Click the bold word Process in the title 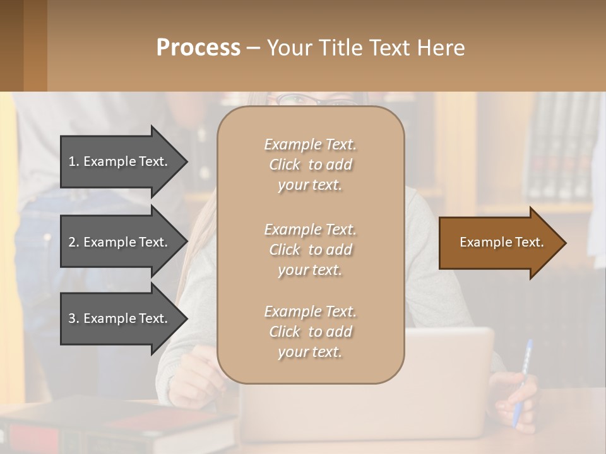tap(198, 47)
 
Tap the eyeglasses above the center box tap(309, 100)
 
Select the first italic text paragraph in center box tap(310, 165)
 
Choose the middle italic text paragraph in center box tap(310, 250)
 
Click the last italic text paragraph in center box tap(310, 332)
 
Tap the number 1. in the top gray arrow tap(74, 161)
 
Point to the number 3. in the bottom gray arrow tap(74, 318)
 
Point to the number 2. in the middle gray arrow tap(74, 242)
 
